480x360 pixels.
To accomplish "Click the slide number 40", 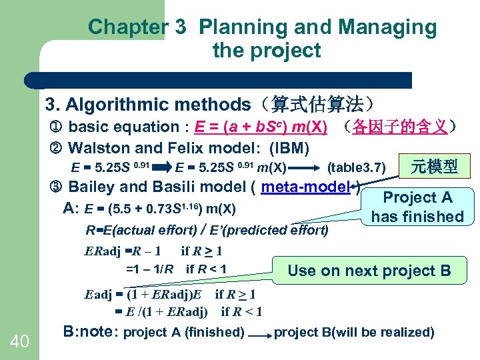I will pos(19,341).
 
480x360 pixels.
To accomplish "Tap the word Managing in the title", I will pos(387,27).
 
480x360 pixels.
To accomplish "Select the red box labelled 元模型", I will pos(434,167).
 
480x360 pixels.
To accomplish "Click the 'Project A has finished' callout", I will pos(417,207).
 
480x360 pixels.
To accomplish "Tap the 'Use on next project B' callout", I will pos(369,270).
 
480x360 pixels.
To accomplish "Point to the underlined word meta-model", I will pos(306,186).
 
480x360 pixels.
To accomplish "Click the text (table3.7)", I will pos(355,167).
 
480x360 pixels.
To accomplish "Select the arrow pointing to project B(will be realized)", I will pos(259,332).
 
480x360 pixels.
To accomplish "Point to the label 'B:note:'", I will pos(91,331).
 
